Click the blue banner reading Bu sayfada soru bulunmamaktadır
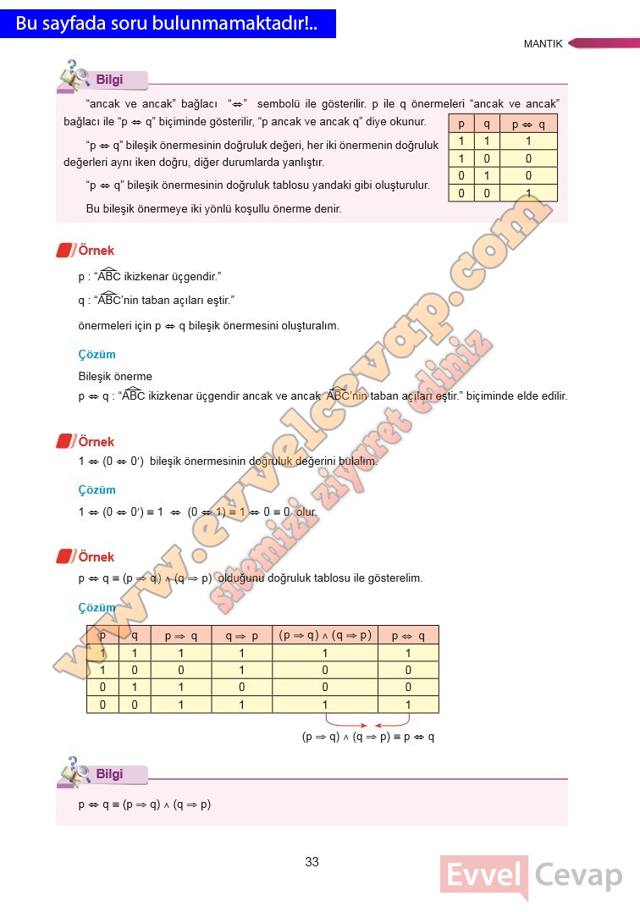click(167, 24)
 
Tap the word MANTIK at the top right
click(543, 44)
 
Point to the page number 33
click(312, 862)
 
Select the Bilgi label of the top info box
click(109, 80)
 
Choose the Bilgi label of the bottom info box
click(109, 774)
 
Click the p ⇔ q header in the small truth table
click(528, 124)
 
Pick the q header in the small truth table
click(487, 124)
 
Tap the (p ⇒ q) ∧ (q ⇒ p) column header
click(325, 635)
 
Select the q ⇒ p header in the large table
click(241, 635)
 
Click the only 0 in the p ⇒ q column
click(180, 670)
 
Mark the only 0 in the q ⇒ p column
click(241, 687)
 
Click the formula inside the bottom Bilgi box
click(144, 804)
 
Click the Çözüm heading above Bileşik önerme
click(97, 354)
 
